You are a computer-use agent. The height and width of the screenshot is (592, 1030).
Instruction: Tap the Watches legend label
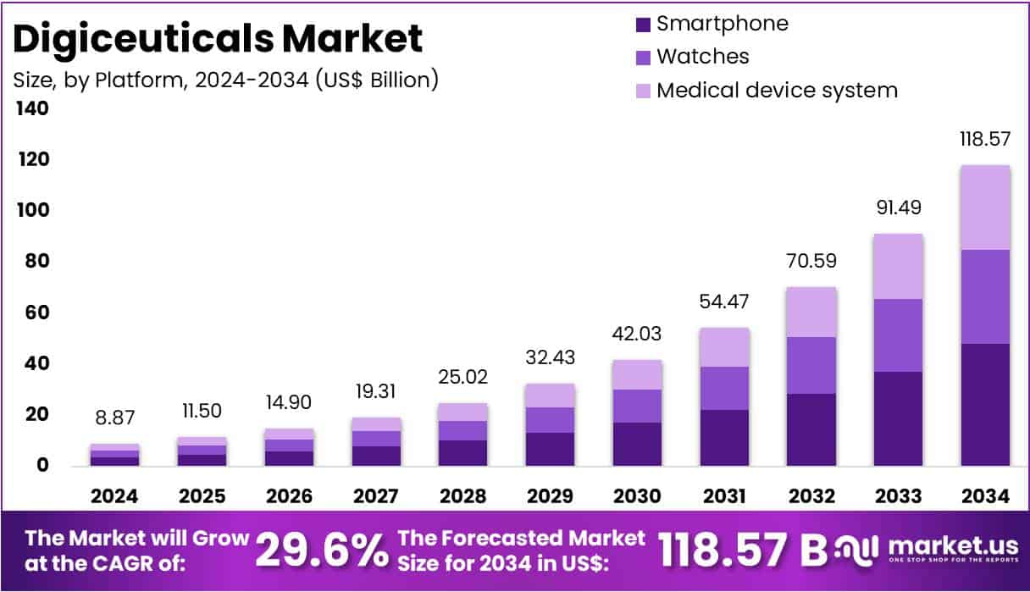702,57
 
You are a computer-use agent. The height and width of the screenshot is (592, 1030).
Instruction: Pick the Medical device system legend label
777,90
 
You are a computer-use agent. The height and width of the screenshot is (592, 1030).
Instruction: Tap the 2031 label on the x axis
724,496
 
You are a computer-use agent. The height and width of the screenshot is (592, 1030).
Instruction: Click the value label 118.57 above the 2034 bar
984,140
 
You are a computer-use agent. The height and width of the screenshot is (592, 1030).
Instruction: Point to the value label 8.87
114,418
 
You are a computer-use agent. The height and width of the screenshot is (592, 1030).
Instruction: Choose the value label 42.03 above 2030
637,334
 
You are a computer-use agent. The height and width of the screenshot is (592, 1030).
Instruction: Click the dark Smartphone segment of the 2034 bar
984,404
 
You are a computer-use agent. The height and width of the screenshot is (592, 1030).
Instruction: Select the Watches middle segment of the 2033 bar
898,335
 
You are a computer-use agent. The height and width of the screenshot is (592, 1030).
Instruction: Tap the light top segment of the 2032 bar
811,312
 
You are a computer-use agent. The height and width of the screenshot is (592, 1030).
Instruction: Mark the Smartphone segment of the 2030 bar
637,444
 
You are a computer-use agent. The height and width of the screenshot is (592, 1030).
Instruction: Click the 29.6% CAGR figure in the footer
321,551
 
